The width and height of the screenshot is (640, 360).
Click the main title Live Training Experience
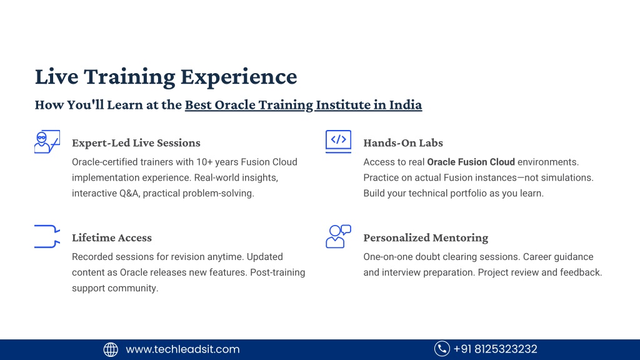tap(166, 77)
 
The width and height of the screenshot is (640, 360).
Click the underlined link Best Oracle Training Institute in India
tap(303, 105)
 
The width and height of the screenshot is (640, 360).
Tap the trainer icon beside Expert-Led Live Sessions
tap(47, 142)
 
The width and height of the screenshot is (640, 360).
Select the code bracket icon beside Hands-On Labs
tap(338, 141)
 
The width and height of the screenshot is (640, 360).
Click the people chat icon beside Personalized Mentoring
tap(338, 236)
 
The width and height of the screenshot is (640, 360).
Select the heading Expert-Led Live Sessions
tap(136, 143)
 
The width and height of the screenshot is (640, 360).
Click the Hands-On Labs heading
tap(403, 143)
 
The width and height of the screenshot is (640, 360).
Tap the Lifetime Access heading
tap(111, 237)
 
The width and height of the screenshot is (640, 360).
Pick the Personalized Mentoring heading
tap(426, 237)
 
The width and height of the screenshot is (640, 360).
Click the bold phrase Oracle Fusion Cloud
tap(471, 162)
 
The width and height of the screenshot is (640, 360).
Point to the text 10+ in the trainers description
tap(204, 162)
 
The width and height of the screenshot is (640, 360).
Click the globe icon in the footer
tap(111, 349)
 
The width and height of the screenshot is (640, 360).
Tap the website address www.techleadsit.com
tap(182, 349)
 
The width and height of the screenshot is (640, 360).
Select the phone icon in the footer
tap(442, 349)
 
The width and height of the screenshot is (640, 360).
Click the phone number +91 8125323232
tap(496, 349)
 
